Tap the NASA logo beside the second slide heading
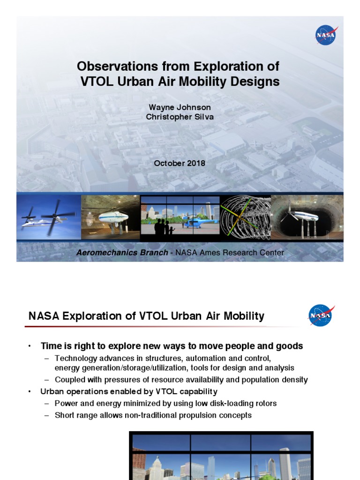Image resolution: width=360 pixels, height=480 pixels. coord(321,315)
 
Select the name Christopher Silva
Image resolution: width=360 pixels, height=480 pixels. coord(180,117)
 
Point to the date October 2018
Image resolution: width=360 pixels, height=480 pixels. coord(180,163)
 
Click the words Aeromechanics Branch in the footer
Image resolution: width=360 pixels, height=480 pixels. coord(123,253)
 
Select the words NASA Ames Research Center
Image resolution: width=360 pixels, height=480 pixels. coord(230,253)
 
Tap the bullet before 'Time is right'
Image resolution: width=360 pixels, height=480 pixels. coord(29,346)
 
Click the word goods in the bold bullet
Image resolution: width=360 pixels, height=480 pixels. coord(291,346)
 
